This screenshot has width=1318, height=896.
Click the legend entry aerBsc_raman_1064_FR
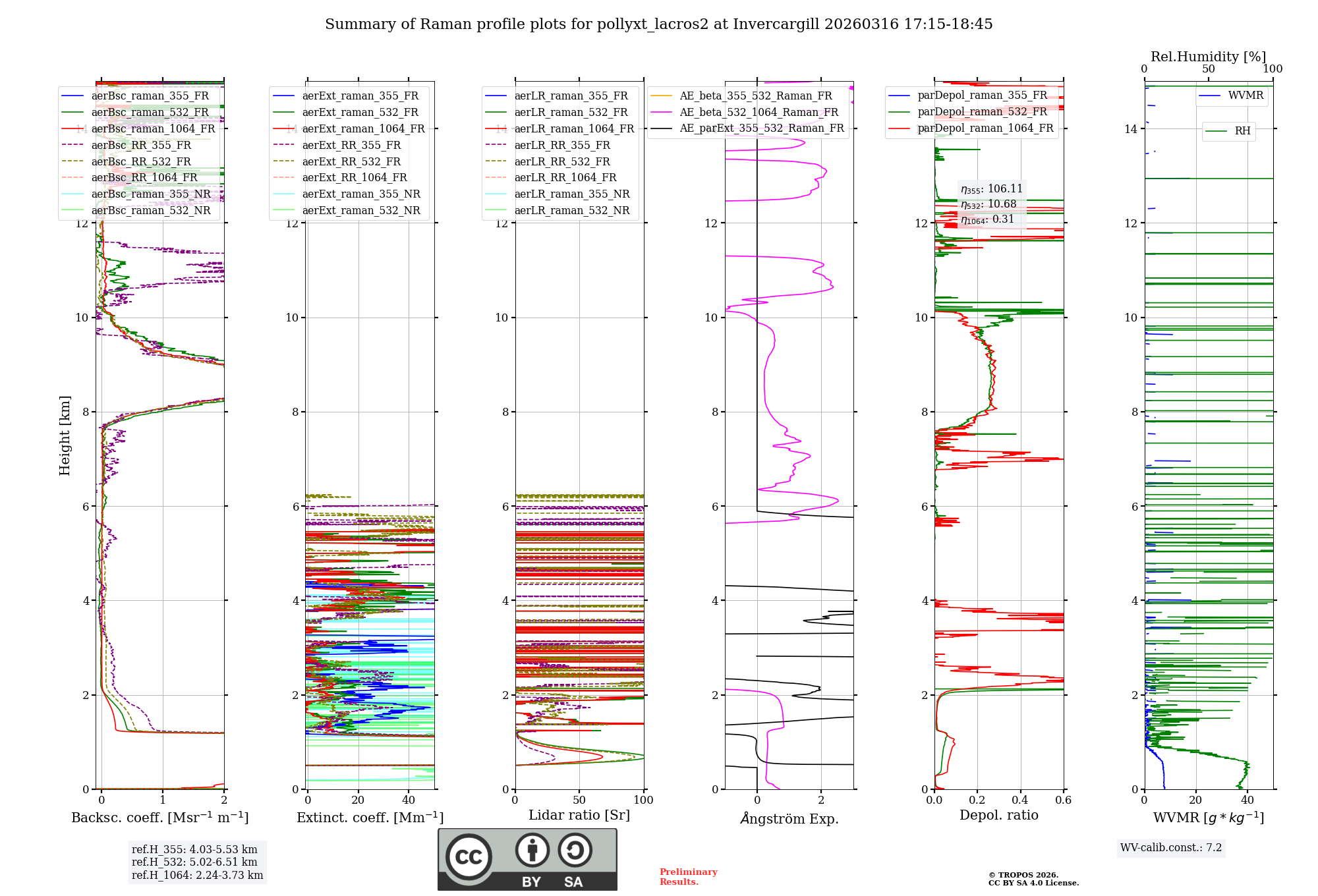(x=153, y=129)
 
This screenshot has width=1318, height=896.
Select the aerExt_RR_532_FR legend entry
(x=351, y=161)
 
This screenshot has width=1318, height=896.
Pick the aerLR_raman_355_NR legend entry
(x=571, y=194)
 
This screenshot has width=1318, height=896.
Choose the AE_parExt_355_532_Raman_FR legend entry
(x=761, y=128)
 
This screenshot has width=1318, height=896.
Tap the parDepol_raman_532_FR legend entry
(x=982, y=112)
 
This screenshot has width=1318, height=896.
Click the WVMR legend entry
(x=1246, y=96)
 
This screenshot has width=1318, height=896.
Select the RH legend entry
(x=1242, y=131)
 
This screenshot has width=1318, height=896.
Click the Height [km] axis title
(x=65, y=435)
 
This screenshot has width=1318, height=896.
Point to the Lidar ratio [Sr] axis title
(x=579, y=816)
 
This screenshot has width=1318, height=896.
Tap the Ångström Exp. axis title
(x=789, y=819)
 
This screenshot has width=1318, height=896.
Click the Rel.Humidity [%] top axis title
(x=1208, y=57)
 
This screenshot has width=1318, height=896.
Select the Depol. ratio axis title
(x=998, y=816)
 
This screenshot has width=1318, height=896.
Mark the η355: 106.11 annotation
(x=991, y=189)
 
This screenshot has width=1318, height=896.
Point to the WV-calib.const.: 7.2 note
(x=1171, y=848)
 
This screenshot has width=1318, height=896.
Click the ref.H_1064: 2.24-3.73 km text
(x=197, y=876)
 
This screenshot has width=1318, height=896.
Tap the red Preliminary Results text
(x=688, y=877)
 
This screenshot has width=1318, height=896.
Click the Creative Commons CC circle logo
(x=469, y=856)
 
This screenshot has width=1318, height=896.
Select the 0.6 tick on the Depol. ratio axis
(x=1063, y=800)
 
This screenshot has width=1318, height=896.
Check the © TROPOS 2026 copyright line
(x=1023, y=876)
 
